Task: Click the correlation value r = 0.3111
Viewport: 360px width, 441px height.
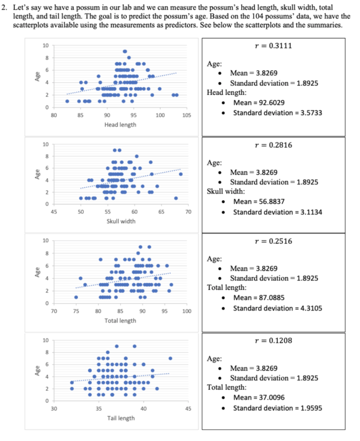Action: coord(273,46)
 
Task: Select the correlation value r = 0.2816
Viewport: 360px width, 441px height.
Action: coord(273,145)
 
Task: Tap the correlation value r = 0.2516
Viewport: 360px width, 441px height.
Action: coord(273,241)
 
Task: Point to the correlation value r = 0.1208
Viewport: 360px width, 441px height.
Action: coord(273,341)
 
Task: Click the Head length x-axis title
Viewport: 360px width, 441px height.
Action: coord(120,125)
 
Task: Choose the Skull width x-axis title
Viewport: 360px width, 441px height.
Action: coord(121,221)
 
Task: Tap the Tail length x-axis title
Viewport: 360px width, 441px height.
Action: coord(121,418)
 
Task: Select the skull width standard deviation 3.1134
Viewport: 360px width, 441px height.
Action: coord(311,212)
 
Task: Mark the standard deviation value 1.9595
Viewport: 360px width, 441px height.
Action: coord(311,408)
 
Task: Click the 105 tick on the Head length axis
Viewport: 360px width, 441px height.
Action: coord(187,115)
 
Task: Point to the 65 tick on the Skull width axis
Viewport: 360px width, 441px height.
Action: coord(161,212)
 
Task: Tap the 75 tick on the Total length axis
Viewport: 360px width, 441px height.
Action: coord(76,311)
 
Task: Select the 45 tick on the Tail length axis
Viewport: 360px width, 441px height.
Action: coord(188,409)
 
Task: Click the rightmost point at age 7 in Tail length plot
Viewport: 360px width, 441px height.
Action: coord(170,358)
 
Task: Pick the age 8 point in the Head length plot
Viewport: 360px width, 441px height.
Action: coord(129,58)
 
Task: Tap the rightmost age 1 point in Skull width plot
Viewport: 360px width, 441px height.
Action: coord(176,198)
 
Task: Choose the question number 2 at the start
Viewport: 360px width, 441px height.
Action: coord(4,8)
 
